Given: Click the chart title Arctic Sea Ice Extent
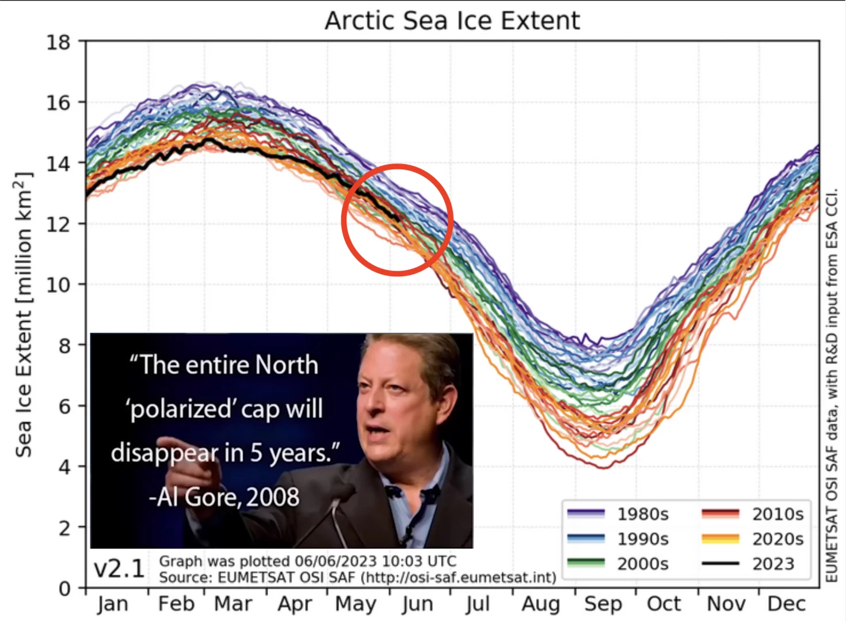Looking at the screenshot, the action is tap(452, 20).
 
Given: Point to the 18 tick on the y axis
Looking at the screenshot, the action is tap(58, 42).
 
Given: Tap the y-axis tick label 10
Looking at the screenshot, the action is tap(58, 285).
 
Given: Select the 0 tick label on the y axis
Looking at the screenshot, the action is tap(64, 589).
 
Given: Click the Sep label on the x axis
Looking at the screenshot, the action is tap(603, 604).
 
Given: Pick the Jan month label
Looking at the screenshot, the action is tap(113, 604).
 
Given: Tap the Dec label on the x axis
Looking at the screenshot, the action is tap(787, 604).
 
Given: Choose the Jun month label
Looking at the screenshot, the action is tap(417, 604).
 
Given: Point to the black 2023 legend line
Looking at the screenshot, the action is tap(720, 564).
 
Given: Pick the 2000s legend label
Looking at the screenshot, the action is tap(642, 564).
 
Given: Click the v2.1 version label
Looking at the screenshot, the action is tap(119, 569).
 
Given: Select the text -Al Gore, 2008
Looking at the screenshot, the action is tap(224, 497).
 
